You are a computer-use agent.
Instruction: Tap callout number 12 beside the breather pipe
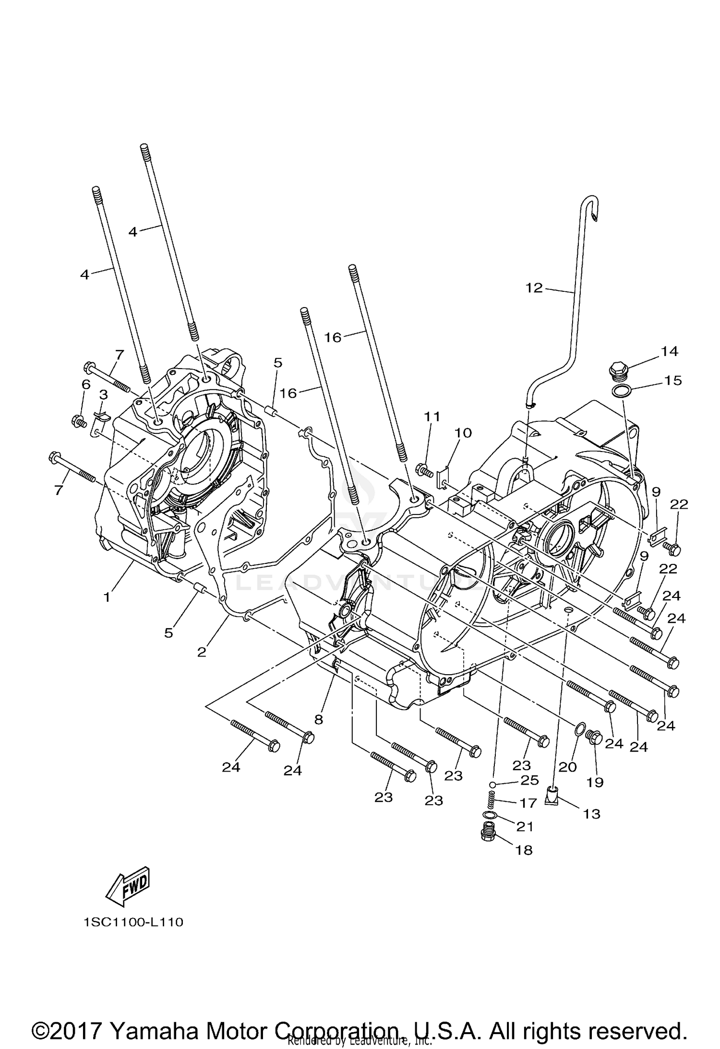point(534,288)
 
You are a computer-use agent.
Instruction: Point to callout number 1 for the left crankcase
point(107,597)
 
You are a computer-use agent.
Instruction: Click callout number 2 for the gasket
point(202,652)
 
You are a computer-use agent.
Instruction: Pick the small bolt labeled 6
point(78,421)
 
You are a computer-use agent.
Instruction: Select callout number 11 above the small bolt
point(432,416)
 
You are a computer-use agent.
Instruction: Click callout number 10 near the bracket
point(463,433)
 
